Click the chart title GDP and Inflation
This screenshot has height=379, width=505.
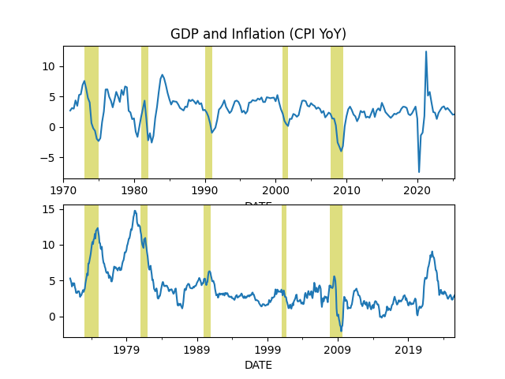pos(258,34)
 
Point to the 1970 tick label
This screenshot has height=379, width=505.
pos(64,190)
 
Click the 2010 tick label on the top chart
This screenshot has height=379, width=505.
pos(346,190)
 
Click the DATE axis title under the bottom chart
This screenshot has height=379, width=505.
pos(258,365)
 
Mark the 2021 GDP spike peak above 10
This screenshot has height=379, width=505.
pos(426,51)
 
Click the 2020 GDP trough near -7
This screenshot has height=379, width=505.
pos(419,171)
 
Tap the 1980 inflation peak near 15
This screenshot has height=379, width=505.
pos(135,211)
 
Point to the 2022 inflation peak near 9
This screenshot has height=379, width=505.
pos(432,252)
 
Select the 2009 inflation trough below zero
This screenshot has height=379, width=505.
pos(341,331)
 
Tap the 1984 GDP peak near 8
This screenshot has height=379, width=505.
pos(162,75)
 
